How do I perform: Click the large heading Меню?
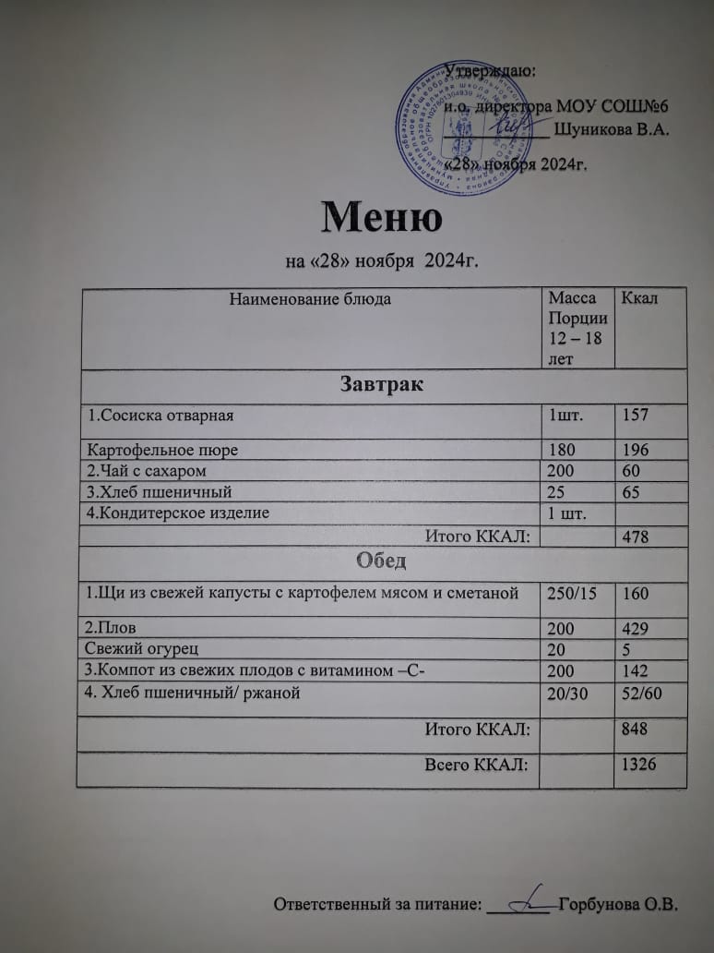[x=380, y=216]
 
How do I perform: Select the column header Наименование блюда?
[x=310, y=298]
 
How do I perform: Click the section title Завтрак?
[x=382, y=384]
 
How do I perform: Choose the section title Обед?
[x=382, y=561]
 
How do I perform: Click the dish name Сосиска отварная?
[x=161, y=415]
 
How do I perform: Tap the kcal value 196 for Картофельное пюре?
[x=636, y=451]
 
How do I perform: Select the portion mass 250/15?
[x=573, y=593]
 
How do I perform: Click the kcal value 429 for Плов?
[x=636, y=629]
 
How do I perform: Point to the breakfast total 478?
[x=636, y=535]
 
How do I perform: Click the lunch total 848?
[x=636, y=730]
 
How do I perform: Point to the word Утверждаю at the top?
[x=493, y=70]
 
